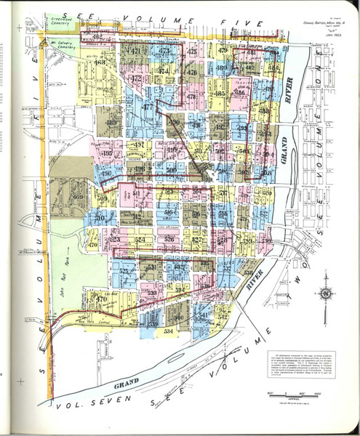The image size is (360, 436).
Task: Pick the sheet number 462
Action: (x=97, y=36)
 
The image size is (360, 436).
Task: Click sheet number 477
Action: (x=148, y=108)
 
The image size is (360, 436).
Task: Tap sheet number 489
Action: (x=111, y=124)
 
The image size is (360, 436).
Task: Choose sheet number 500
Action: (x=172, y=169)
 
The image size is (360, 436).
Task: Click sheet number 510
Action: (x=101, y=217)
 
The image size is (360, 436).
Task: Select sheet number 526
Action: (x=169, y=238)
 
